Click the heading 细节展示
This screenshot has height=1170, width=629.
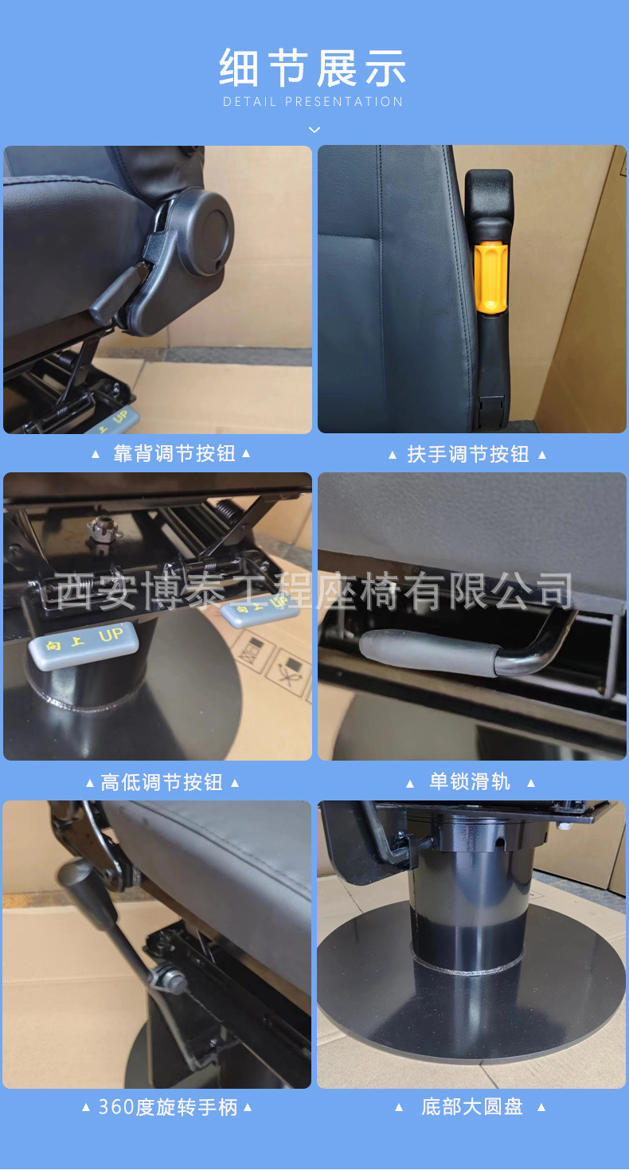[x=313, y=68]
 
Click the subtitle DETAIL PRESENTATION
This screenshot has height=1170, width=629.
[x=313, y=102]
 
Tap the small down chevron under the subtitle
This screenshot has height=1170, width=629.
[x=314, y=129]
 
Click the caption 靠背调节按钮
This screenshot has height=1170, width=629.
[x=174, y=454]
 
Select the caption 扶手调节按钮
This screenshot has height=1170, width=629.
[x=468, y=455]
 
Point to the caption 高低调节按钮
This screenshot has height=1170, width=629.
[x=162, y=783]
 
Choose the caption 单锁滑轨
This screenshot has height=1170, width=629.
[x=470, y=782]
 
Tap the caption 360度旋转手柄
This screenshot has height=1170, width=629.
[x=168, y=1107]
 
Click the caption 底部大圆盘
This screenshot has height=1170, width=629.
[x=472, y=1107]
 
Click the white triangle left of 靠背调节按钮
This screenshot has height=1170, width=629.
[x=96, y=454]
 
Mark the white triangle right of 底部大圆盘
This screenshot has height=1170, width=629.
[x=541, y=1107]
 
